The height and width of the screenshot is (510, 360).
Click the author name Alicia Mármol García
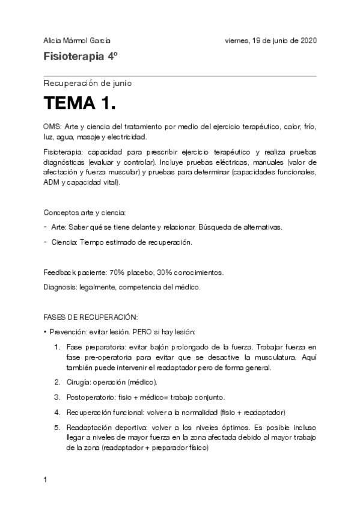(x=77, y=41)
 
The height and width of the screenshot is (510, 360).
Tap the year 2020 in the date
(x=307, y=41)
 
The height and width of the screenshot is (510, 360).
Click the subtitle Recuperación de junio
(x=88, y=83)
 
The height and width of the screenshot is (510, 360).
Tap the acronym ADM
(x=52, y=182)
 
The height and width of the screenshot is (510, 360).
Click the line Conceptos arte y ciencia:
(x=84, y=212)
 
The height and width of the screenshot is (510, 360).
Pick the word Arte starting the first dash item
(x=58, y=227)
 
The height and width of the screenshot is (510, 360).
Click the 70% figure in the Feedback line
(x=118, y=272)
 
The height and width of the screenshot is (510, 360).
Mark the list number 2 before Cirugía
(x=58, y=382)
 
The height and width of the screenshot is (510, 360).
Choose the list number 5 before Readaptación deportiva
(x=58, y=426)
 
